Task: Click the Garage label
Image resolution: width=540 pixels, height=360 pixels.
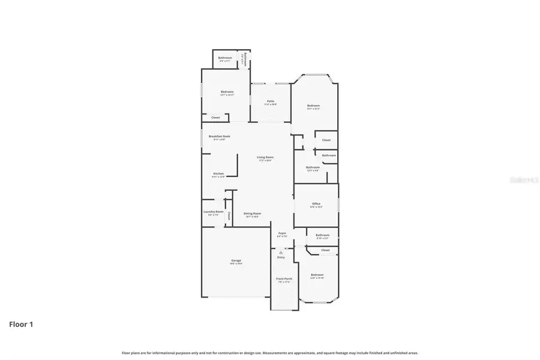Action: (x=236, y=260)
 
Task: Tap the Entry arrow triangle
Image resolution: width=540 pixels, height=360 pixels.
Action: (x=280, y=253)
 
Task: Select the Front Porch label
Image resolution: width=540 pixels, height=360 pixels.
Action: (x=283, y=279)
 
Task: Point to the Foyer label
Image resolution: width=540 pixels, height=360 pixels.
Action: (x=281, y=233)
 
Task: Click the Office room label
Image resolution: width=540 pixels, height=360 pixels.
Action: (x=316, y=204)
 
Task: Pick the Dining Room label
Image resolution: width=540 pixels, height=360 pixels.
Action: (x=252, y=214)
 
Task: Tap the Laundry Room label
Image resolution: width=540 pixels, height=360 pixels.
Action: (x=213, y=212)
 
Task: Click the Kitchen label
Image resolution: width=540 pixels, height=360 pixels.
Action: (x=218, y=174)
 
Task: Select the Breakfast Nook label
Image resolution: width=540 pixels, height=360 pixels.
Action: (x=219, y=136)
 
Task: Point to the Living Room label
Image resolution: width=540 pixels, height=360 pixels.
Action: (x=265, y=157)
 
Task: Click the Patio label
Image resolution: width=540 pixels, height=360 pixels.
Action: (x=271, y=101)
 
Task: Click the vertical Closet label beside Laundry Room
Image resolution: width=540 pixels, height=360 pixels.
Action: (x=229, y=216)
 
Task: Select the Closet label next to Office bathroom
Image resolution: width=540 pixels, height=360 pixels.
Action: (x=325, y=250)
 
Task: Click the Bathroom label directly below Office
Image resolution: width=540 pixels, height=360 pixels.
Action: (x=322, y=235)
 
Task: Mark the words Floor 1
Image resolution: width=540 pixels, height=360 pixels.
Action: (x=21, y=325)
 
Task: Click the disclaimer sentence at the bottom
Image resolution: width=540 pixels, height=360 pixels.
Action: (x=270, y=353)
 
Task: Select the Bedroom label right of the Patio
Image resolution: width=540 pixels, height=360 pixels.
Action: (x=313, y=106)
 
